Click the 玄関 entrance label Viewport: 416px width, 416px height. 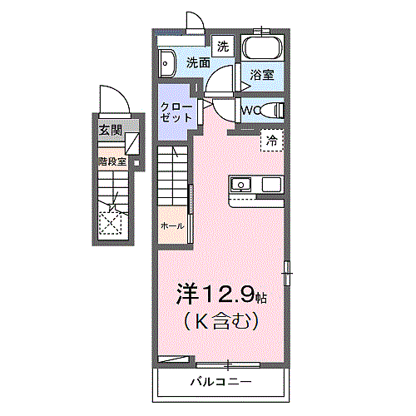coord(110,130)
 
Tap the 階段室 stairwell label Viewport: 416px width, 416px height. coord(111,161)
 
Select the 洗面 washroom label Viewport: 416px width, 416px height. coord(198,62)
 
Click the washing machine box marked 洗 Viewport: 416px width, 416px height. coord(222,46)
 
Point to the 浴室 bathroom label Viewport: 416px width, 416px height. coord(262,75)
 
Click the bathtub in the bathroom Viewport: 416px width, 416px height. coord(262,47)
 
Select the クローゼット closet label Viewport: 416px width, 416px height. coord(176,111)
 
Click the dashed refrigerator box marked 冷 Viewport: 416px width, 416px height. coord(271,141)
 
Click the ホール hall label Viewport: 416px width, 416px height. coord(171,225)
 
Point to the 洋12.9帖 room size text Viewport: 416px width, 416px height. coord(220,294)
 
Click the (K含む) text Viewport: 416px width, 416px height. coord(220,319)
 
